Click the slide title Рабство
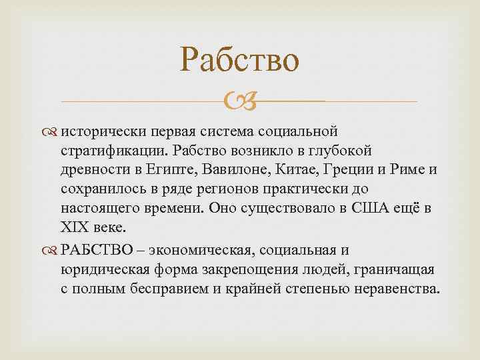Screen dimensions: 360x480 tap(239, 61)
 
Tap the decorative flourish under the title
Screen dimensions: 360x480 tap(239, 102)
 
